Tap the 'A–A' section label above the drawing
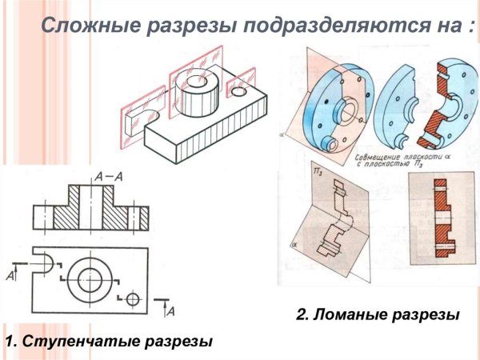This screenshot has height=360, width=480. [108, 174]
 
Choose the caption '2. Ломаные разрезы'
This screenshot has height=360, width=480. [378, 315]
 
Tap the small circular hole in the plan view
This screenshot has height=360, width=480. [133, 298]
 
